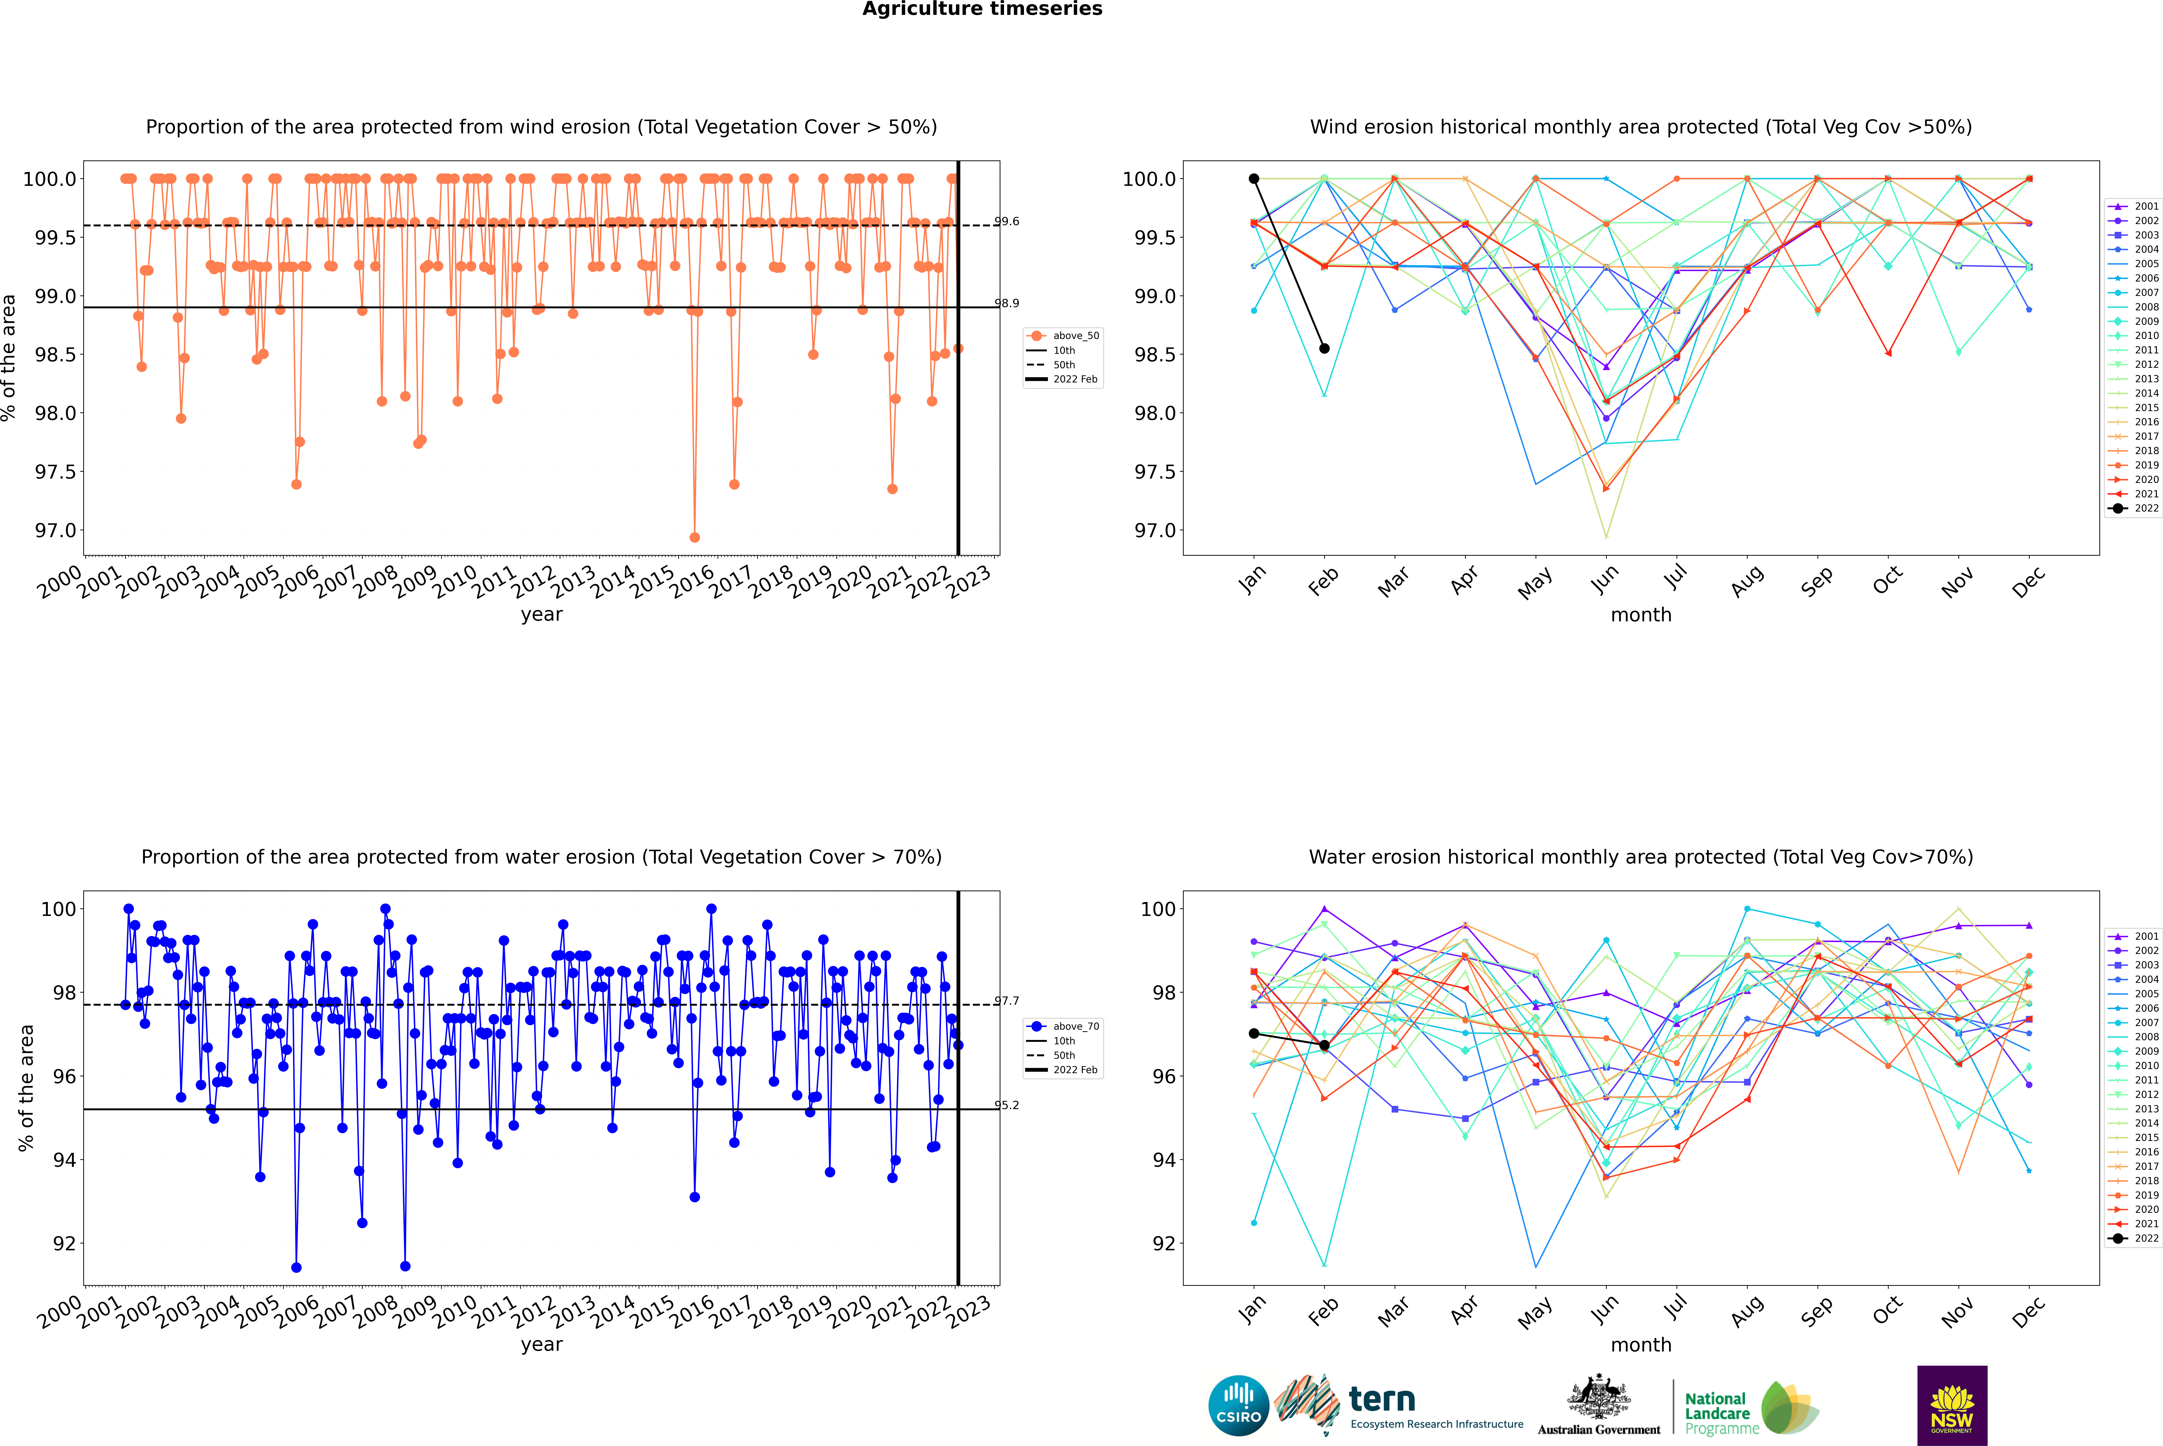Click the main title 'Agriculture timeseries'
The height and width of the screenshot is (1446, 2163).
982,9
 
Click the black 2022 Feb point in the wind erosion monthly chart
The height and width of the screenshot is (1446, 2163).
1324,349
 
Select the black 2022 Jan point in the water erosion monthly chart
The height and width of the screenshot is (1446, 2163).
1254,1034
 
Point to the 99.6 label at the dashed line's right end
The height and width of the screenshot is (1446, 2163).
1007,221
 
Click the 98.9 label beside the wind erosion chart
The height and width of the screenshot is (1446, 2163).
1007,303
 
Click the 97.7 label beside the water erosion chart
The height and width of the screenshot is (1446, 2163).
1007,1001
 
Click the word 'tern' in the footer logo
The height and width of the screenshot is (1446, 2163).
1381,1399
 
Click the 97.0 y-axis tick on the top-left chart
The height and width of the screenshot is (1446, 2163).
55,530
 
